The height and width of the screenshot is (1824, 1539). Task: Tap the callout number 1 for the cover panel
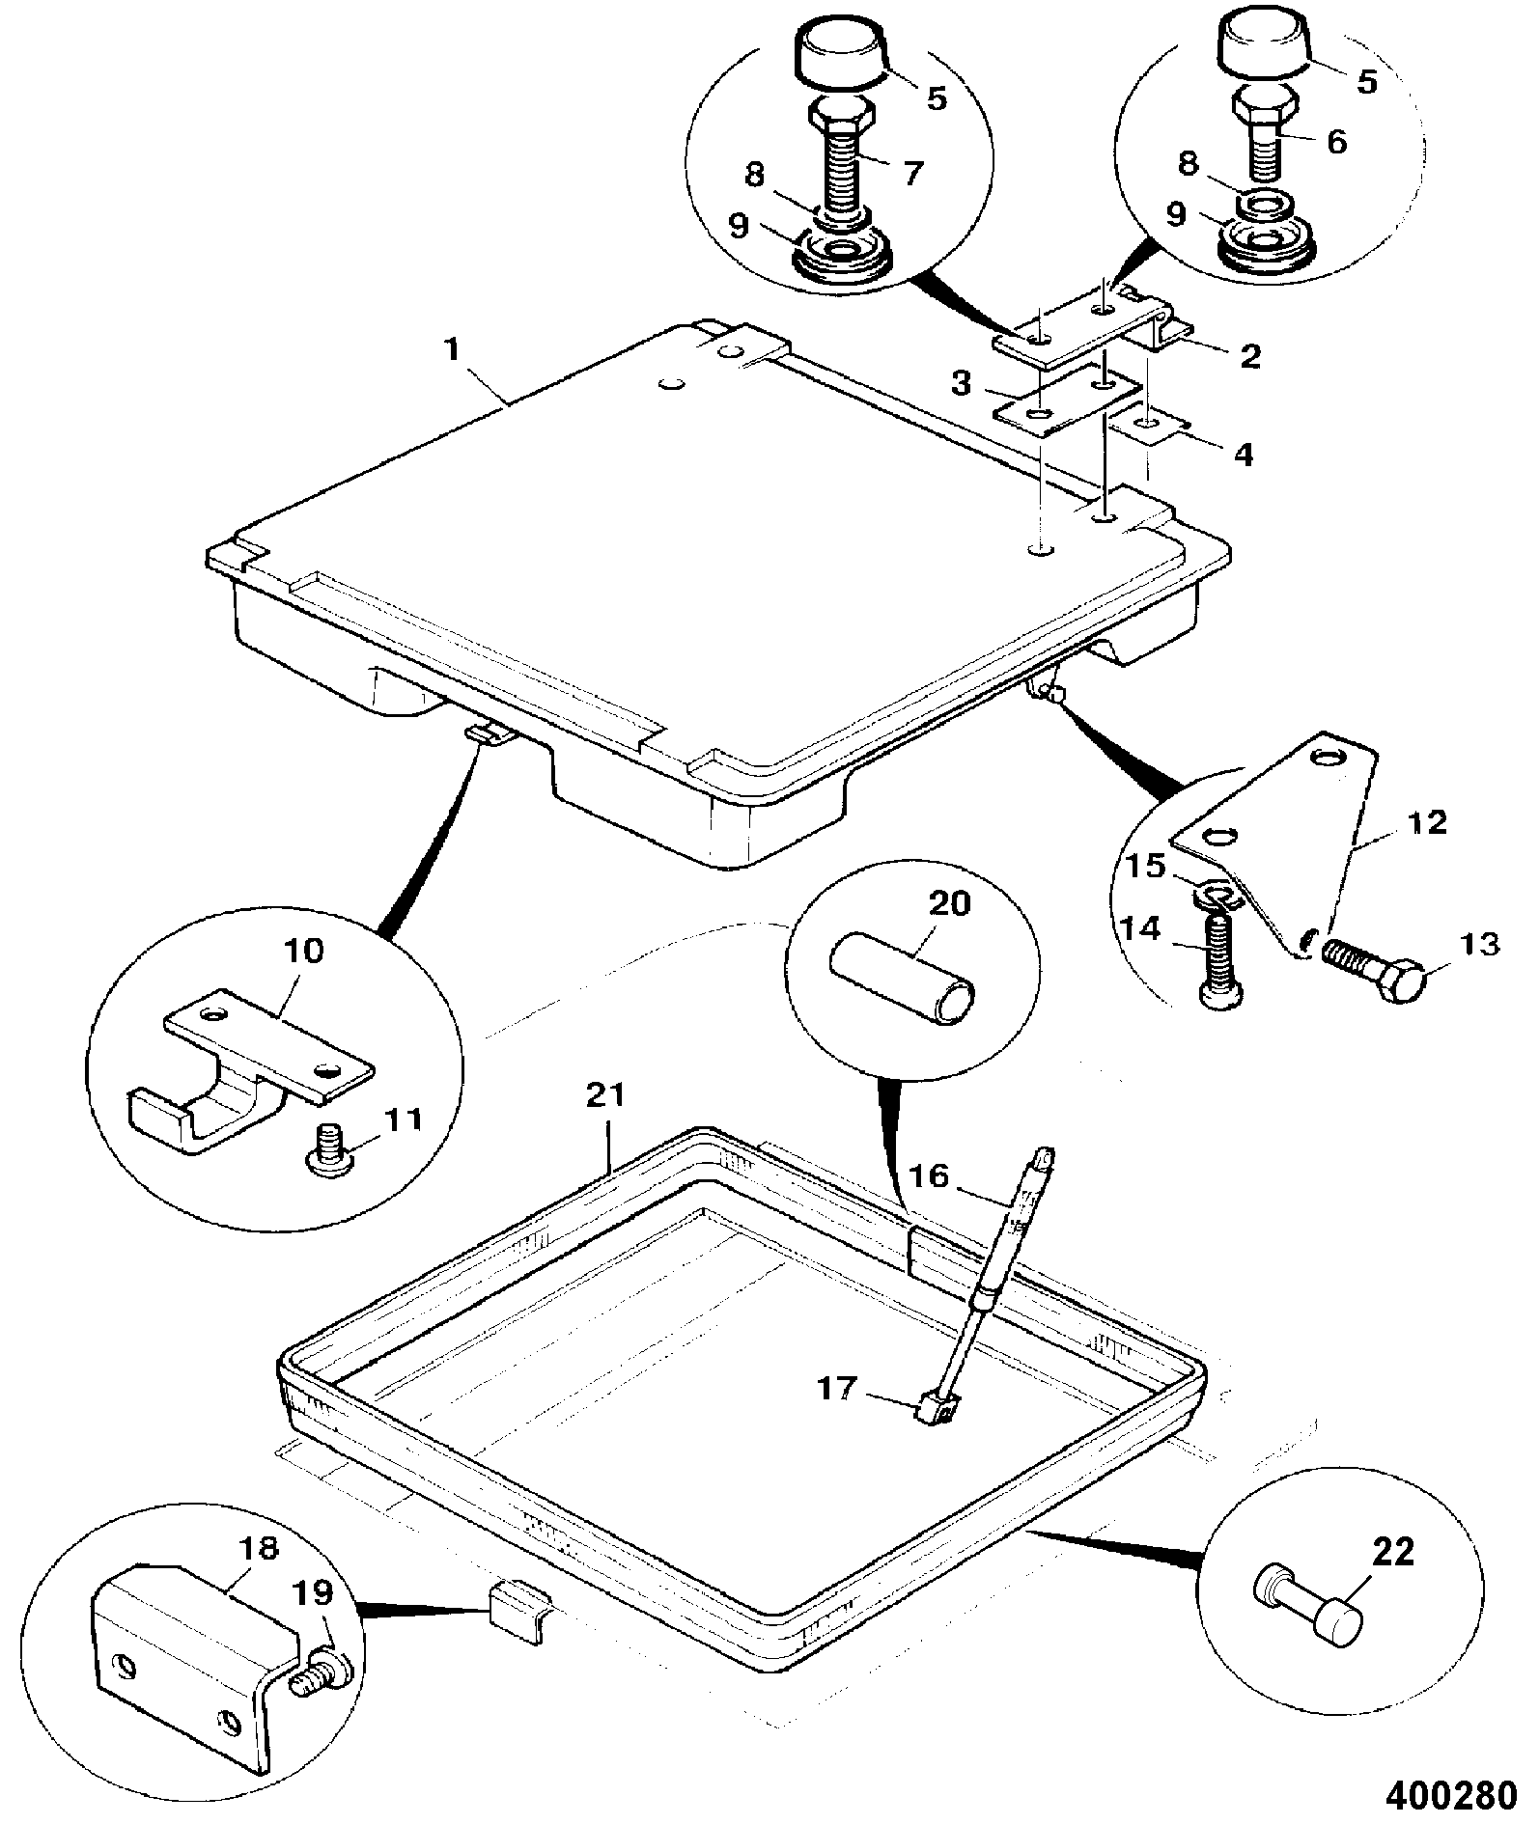(x=453, y=350)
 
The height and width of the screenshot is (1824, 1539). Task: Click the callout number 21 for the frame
(x=605, y=1095)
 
